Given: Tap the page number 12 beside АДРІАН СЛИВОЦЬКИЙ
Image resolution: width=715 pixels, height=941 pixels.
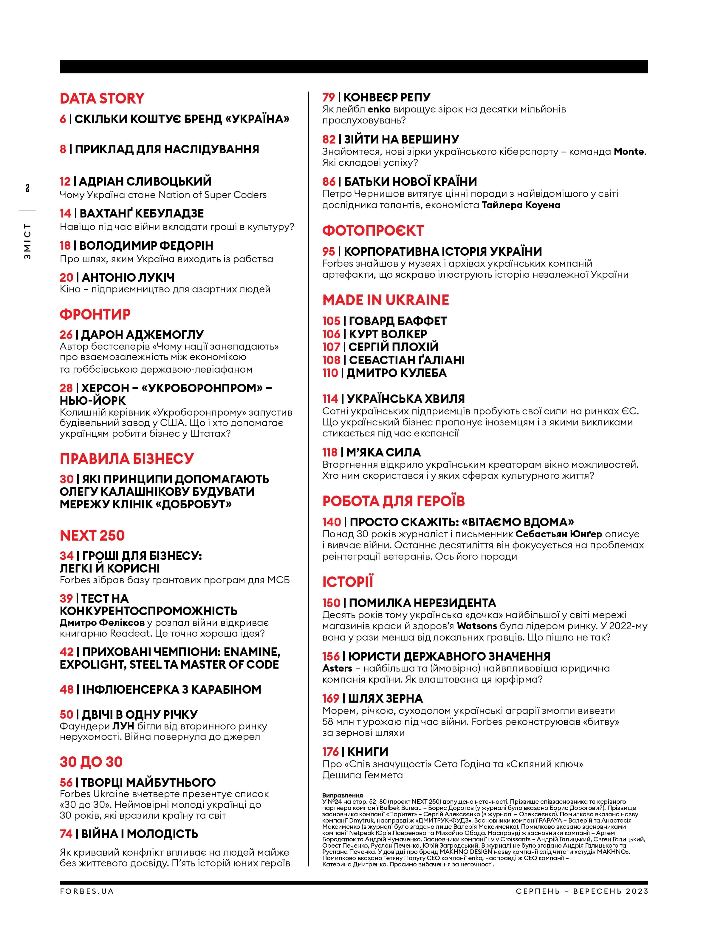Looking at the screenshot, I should tap(65, 181).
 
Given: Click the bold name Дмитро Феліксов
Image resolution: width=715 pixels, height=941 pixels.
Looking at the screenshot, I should tap(102, 622).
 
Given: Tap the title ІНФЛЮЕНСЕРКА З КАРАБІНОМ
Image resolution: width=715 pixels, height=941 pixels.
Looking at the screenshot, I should tap(171, 689).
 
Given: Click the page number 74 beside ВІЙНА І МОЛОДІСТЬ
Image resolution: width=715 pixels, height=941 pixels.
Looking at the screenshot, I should tap(66, 834).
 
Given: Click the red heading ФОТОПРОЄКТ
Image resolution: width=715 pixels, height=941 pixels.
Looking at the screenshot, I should tap(373, 231).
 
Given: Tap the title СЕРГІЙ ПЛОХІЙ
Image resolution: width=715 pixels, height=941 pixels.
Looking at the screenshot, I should tap(393, 347).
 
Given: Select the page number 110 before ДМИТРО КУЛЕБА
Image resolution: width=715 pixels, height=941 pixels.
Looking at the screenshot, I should tap(330, 373).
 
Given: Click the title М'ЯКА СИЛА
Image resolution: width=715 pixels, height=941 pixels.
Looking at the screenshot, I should tap(383, 452).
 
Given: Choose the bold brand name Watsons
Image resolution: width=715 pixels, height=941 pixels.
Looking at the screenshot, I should tap(477, 626).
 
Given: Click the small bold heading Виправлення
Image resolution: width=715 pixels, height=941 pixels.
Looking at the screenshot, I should tap(342, 795).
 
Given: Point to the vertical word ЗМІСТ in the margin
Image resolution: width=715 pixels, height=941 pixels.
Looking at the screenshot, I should tap(28, 241).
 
